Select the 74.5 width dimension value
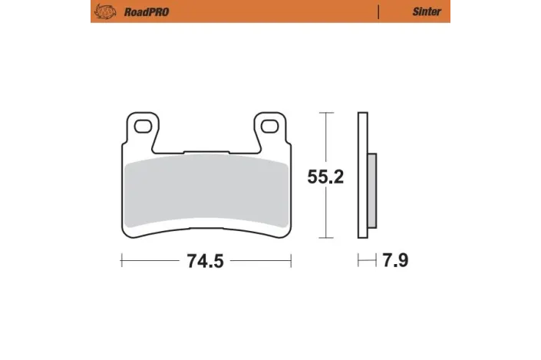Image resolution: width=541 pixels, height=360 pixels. pos(205,261)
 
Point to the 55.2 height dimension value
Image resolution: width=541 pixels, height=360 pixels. pos(325,177)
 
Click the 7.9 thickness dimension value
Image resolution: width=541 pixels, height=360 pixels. pos(395,261)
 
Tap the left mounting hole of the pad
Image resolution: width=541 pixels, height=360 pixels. pos(143,124)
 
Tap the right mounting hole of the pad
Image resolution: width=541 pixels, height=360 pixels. pos(269,124)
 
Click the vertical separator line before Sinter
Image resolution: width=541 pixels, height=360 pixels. pos(378,12)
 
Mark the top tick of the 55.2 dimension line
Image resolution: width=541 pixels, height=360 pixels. pos(328,114)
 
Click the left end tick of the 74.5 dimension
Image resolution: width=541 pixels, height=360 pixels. pos(121,261)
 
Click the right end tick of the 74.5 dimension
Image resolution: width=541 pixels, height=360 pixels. pos(291,261)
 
